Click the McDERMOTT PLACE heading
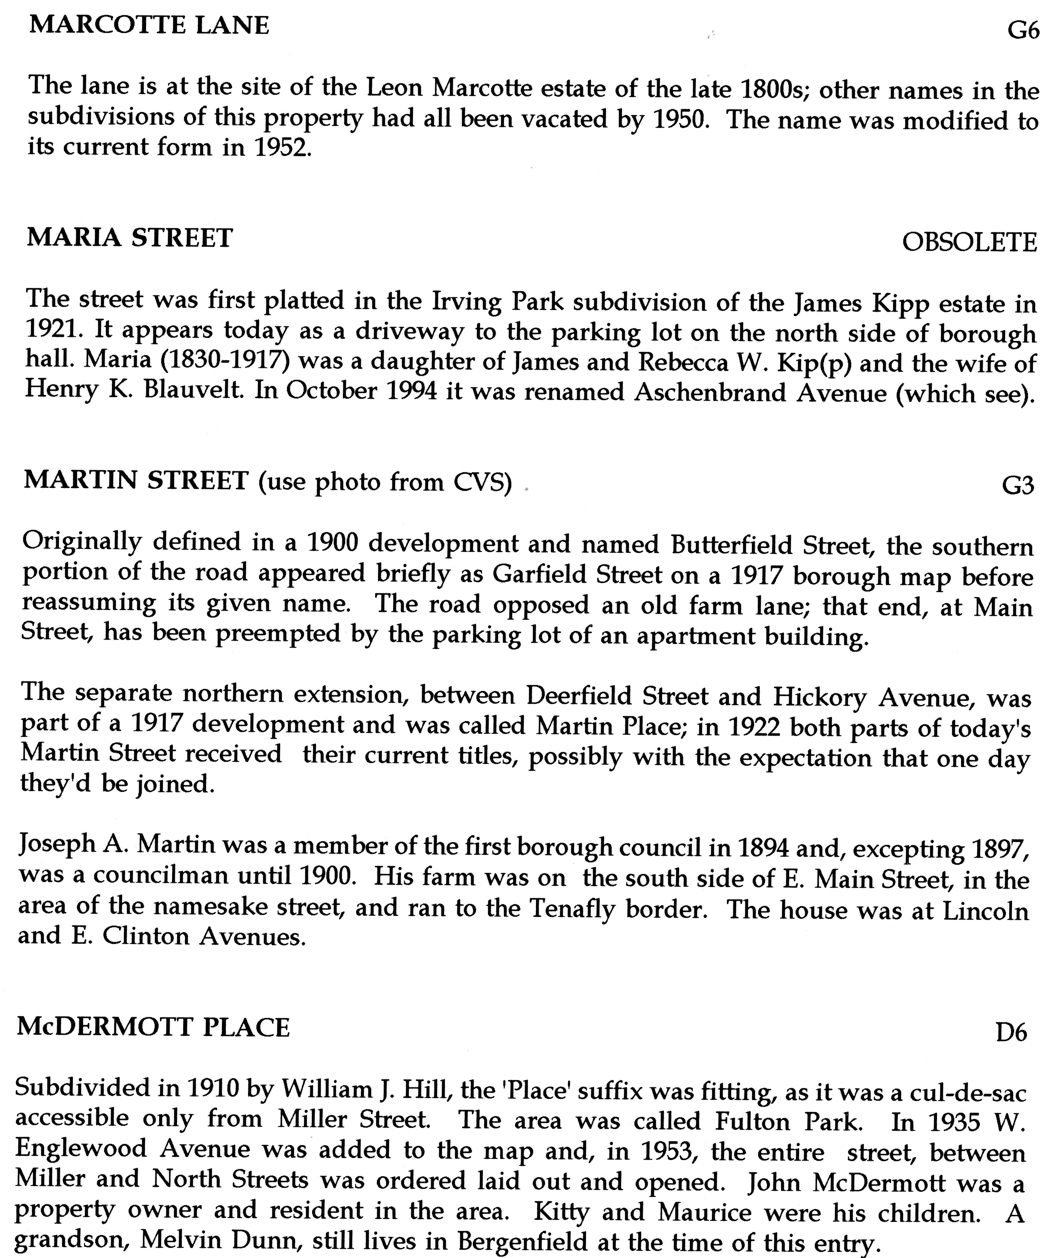(x=153, y=1027)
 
